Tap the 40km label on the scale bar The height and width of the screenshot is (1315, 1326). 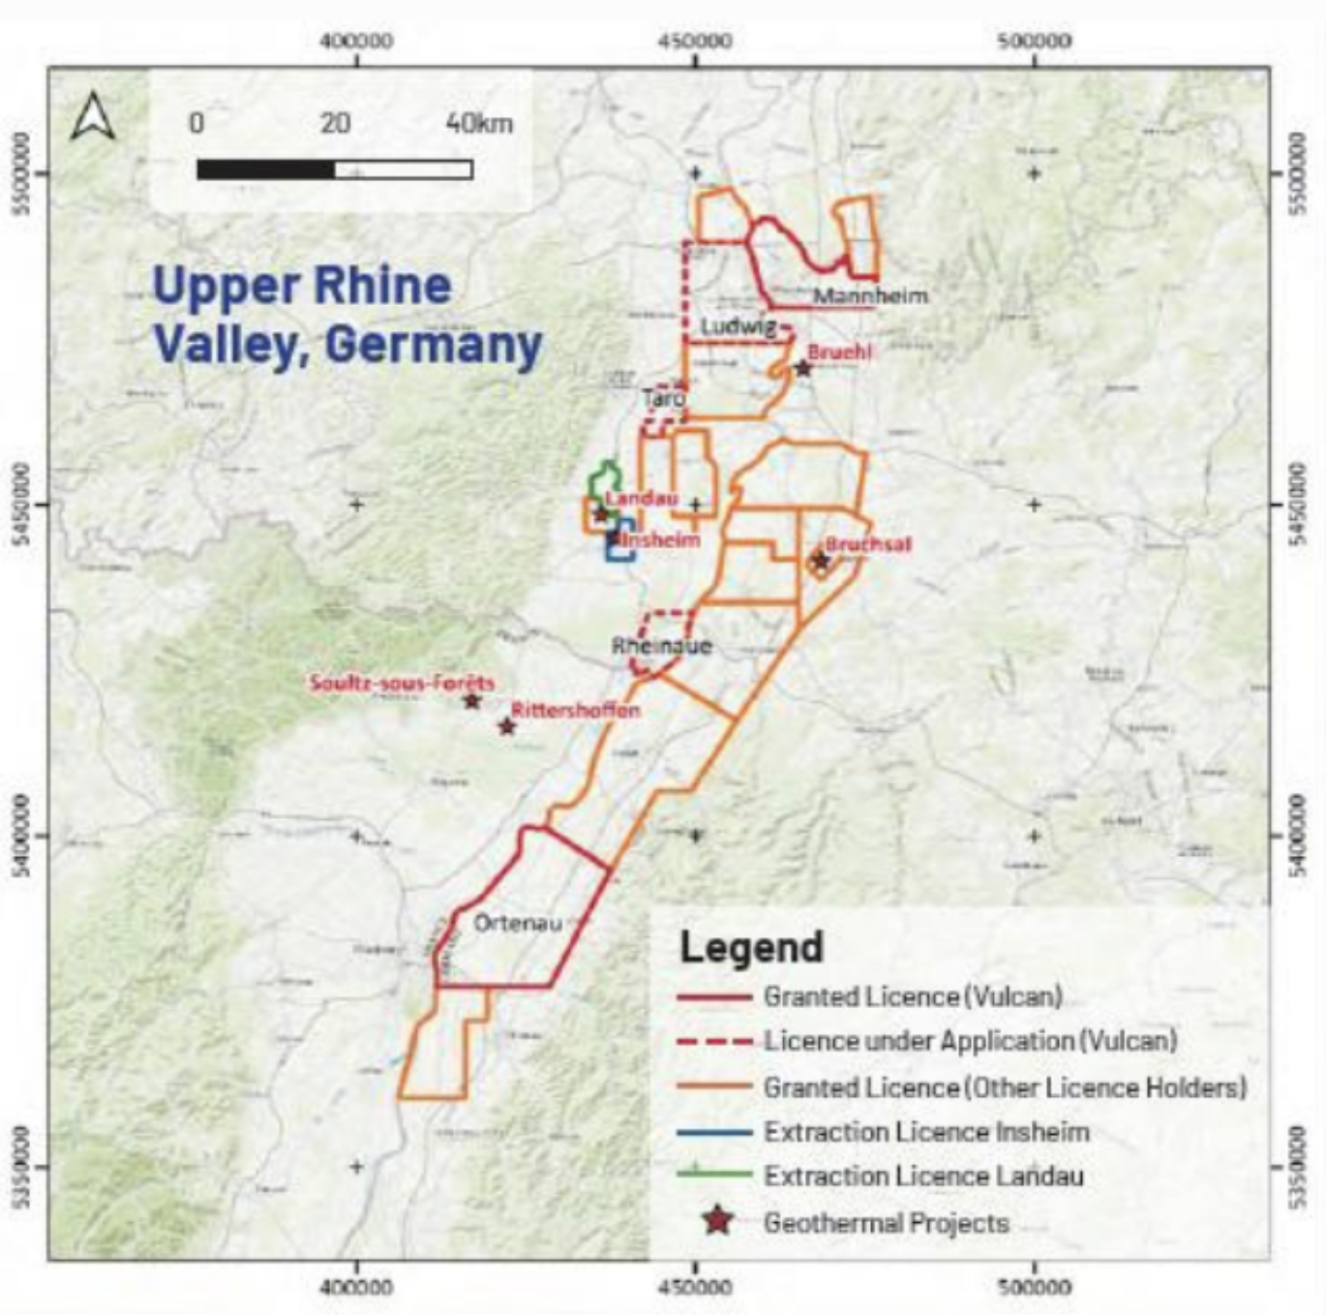[x=479, y=123]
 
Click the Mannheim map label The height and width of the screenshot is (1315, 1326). [x=869, y=295]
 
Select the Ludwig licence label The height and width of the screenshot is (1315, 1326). [x=738, y=326]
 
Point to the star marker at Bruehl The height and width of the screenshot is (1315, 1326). [x=802, y=368]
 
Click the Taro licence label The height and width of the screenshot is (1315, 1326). [x=664, y=398]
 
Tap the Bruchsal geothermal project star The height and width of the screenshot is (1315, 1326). [x=821, y=560]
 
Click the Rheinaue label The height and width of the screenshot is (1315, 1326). [x=662, y=646]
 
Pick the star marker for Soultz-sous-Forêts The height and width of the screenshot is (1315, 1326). [x=471, y=700]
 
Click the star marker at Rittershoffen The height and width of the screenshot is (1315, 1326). [x=506, y=726]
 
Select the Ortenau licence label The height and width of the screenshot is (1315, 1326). [x=518, y=923]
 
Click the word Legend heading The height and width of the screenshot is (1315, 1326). [x=751, y=947]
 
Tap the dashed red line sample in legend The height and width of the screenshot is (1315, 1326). [x=714, y=1042]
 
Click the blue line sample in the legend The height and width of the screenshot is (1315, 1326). [x=714, y=1132]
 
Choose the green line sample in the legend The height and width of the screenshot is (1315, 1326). [x=714, y=1175]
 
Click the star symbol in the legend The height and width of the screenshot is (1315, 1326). [x=717, y=1221]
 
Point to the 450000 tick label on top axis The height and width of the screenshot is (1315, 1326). [x=695, y=41]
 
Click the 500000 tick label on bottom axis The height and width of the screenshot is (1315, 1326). [x=1034, y=1287]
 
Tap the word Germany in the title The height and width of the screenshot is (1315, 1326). [x=433, y=345]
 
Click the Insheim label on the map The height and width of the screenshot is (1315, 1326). [x=661, y=539]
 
